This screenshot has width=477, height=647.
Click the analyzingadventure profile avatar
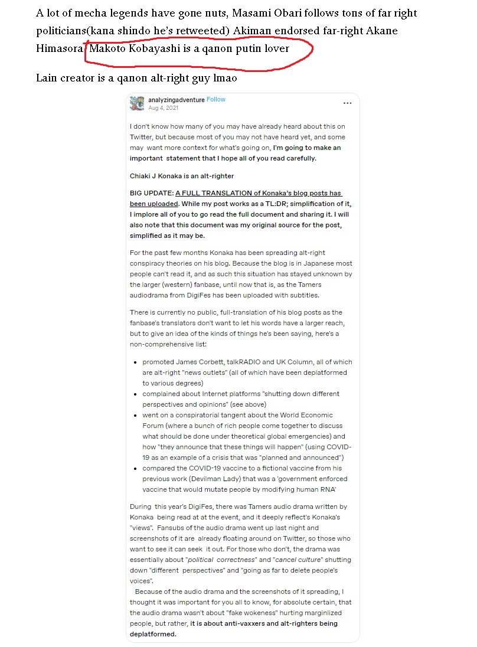coord(137,103)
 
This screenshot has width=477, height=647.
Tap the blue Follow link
coord(216,100)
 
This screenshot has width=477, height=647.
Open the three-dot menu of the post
coord(347,103)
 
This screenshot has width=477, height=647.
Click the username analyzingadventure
coord(177,100)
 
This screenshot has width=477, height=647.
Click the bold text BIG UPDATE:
coord(152,193)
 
